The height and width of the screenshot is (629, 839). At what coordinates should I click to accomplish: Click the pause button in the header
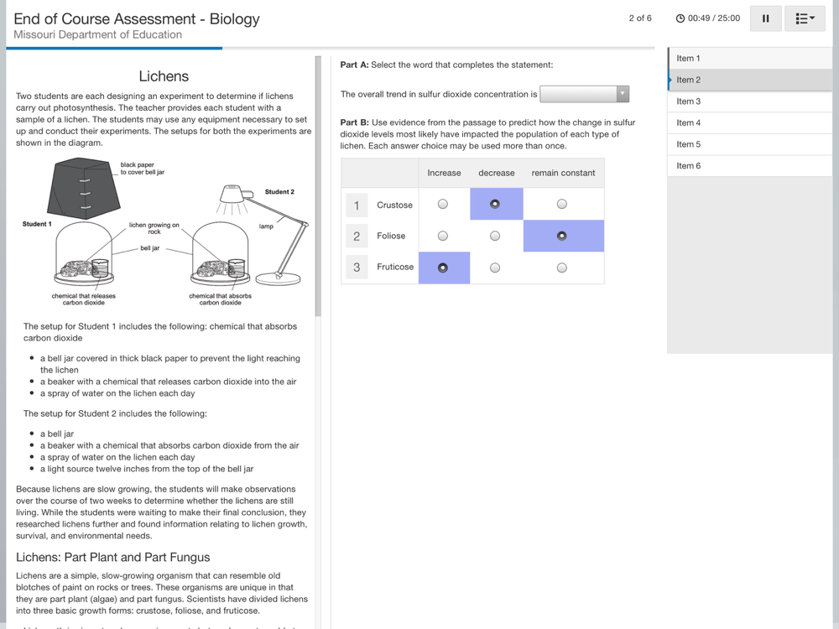pyautogui.click(x=765, y=18)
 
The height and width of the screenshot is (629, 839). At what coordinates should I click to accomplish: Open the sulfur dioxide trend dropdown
pyautogui.click(x=584, y=94)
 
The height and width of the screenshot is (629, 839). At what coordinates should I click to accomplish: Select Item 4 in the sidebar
pyautogui.click(x=689, y=123)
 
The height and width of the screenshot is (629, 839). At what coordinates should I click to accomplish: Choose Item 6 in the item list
pyautogui.click(x=689, y=166)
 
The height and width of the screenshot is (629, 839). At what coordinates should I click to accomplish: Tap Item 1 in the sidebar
pyautogui.click(x=689, y=59)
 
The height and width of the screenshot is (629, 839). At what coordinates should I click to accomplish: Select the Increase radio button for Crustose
pyautogui.click(x=443, y=204)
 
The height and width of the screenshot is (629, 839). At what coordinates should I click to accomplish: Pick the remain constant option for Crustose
pyautogui.click(x=562, y=204)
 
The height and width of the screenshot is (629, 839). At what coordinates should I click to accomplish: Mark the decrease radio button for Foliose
pyautogui.click(x=495, y=236)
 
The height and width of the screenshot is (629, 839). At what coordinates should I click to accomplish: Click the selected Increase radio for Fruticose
pyautogui.click(x=443, y=268)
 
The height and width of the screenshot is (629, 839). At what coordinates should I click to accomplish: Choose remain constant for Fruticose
pyautogui.click(x=562, y=268)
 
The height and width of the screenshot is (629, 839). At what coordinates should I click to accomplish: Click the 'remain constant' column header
pyautogui.click(x=563, y=173)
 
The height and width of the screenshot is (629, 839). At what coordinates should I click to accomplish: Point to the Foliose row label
pyautogui.click(x=391, y=236)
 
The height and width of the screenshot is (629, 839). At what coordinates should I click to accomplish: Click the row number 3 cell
pyautogui.click(x=357, y=268)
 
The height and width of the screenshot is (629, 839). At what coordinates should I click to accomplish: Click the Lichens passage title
pyautogui.click(x=164, y=76)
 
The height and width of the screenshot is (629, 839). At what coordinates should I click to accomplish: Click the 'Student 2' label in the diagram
pyautogui.click(x=279, y=192)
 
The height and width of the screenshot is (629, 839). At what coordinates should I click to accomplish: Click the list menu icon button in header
pyautogui.click(x=804, y=18)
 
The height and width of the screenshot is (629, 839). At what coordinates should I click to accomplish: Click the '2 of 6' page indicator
pyautogui.click(x=640, y=18)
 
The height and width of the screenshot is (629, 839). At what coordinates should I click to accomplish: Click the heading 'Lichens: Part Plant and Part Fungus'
pyautogui.click(x=113, y=557)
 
